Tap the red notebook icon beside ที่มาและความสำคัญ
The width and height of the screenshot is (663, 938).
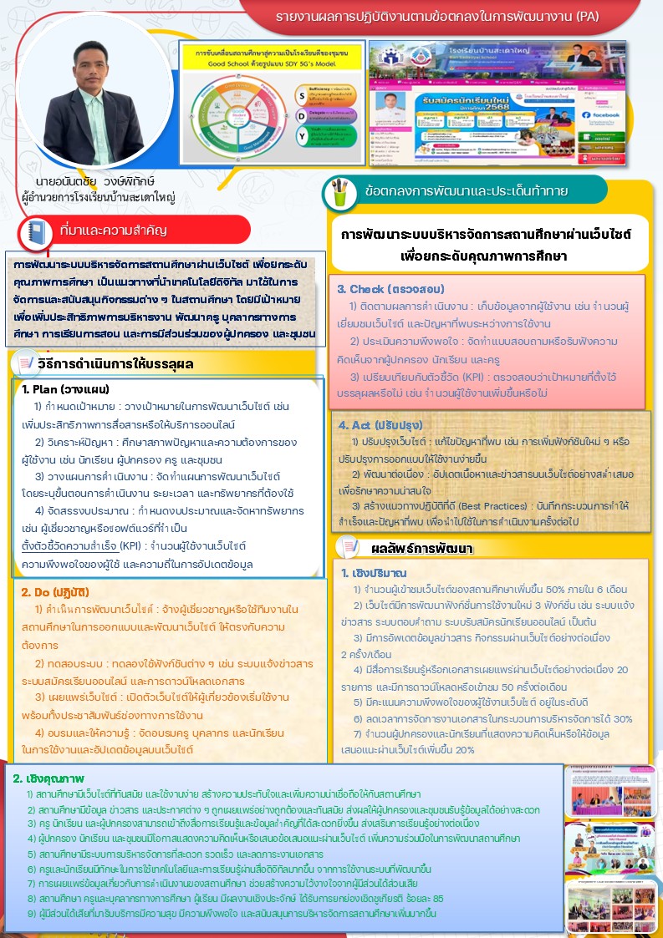point(36,230)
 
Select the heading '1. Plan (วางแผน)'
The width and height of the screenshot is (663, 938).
point(66,390)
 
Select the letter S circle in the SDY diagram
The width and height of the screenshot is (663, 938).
point(302,93)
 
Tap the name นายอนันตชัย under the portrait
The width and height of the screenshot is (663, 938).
point(68,181)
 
